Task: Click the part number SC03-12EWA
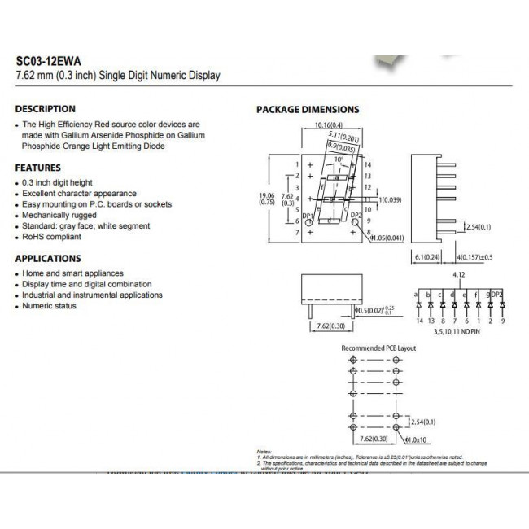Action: pyautogui.click(x=48, y=59)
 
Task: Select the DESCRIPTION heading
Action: pyautogui.click(x=46, y=109)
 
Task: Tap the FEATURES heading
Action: pyautogui.click(x=38, y=168)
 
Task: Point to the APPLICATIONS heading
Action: pyautogui.click(x=47, y=258)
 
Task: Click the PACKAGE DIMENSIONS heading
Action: pyautogui.click(x=308, y=110)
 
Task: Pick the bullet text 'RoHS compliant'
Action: pyautogui.click(x=51, y=237)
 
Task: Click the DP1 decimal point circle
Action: pyautogui.click(x=308, y=222)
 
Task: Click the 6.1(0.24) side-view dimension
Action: pyautogui.click(x=428, y=258)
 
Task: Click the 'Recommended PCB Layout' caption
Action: pyautogui.click(x=378, y=348)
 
